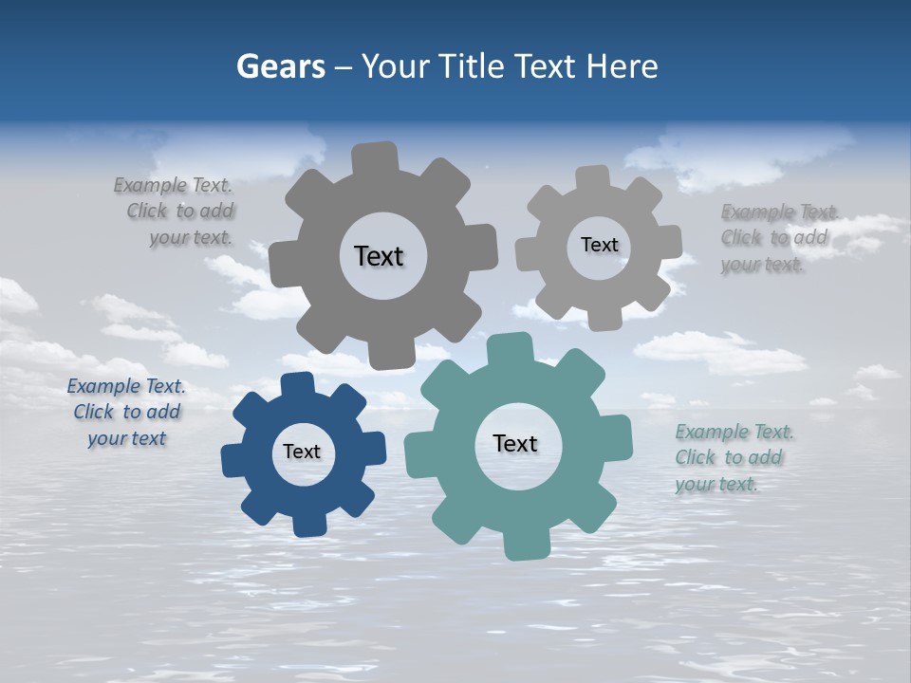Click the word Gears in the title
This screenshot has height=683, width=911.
click(x=280, y=66)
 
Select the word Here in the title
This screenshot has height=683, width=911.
click(x=622, y=66)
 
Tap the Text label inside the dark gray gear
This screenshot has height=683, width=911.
click(x=379, y=256)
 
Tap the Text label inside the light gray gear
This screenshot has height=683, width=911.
click(x=599, y=245)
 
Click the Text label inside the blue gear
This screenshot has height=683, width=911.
click(x=302, y=452)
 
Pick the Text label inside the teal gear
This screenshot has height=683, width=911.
click(x=515, y=444)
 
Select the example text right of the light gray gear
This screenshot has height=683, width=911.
click(x=778, y=238)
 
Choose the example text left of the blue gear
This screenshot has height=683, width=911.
click(x=126, y=412)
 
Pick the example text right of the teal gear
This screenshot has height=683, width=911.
click(x=733, y=458)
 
